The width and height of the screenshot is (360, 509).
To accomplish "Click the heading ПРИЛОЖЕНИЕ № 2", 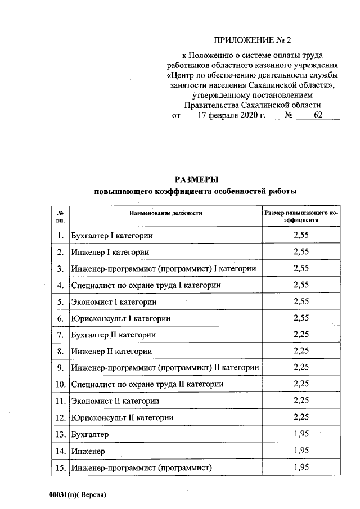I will [254, 40].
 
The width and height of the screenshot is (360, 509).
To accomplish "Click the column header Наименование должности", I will [165, 214].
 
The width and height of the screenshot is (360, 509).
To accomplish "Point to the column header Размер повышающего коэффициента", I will [301, 217].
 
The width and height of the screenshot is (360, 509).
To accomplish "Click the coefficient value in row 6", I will [301, 318].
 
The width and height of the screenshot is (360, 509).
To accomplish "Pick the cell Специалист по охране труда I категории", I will [146, 285].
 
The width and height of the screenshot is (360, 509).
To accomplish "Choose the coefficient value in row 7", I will [301, 335].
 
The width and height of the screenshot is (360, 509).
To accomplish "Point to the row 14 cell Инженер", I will [88, 451].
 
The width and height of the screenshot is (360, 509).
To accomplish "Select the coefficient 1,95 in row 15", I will [301, 467].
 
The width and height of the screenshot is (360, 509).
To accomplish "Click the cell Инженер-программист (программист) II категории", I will [165, 368].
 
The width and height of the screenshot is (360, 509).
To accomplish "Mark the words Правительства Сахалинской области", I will [253, 105].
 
